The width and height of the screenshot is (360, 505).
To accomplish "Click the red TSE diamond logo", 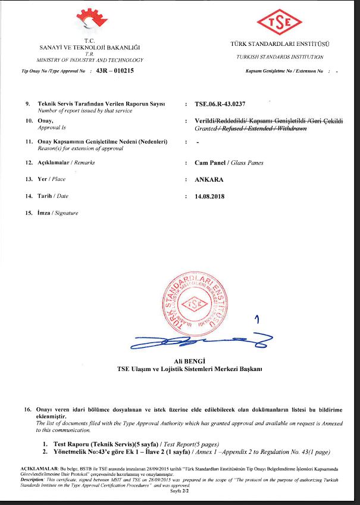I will pos(279,23).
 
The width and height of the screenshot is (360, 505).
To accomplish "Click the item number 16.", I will pos(27,409).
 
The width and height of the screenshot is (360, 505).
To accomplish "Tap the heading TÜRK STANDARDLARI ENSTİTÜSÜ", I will pos(279,45).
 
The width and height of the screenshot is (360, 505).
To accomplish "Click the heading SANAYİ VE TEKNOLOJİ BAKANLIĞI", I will pos(89,47).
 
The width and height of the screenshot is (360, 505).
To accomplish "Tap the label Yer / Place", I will pos(52,179).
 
